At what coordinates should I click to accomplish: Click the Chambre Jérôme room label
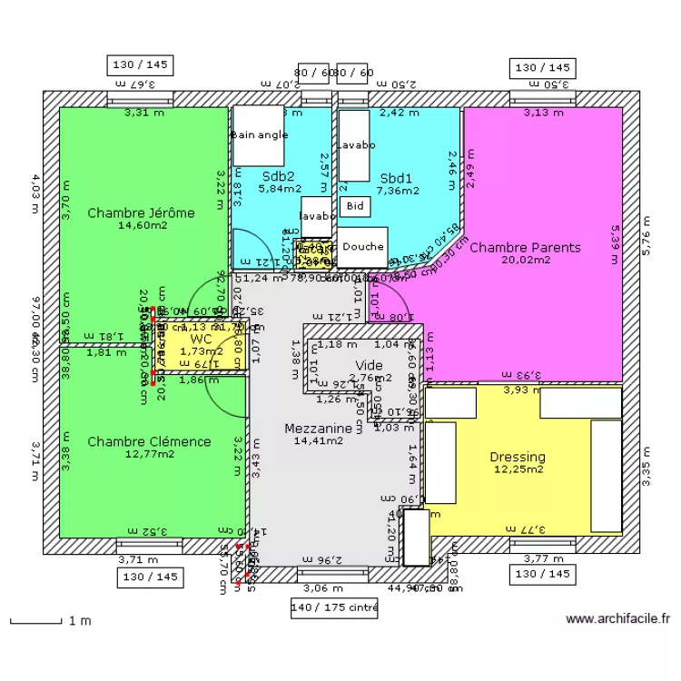(141, 212)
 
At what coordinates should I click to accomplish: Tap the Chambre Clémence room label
(149, 441)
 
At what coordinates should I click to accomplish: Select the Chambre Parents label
(525, 247)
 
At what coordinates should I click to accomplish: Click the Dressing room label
(518, 457)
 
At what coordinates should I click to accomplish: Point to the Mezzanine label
(318, 428)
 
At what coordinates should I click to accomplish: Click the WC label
(201, 339)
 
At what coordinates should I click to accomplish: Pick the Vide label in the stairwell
(369, 365)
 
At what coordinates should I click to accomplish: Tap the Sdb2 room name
(279, 176)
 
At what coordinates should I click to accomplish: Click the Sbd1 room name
(397, 178)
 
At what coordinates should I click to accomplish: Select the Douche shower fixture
(363, 246)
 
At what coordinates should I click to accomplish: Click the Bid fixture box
(353, 206)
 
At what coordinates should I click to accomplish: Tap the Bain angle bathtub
(260, 135)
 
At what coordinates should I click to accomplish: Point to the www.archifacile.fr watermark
(617, 619)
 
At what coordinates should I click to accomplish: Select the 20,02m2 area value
(525, 260)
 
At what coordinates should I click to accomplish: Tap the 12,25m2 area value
(518, 469)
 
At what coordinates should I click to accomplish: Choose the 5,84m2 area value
(279, 189)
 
